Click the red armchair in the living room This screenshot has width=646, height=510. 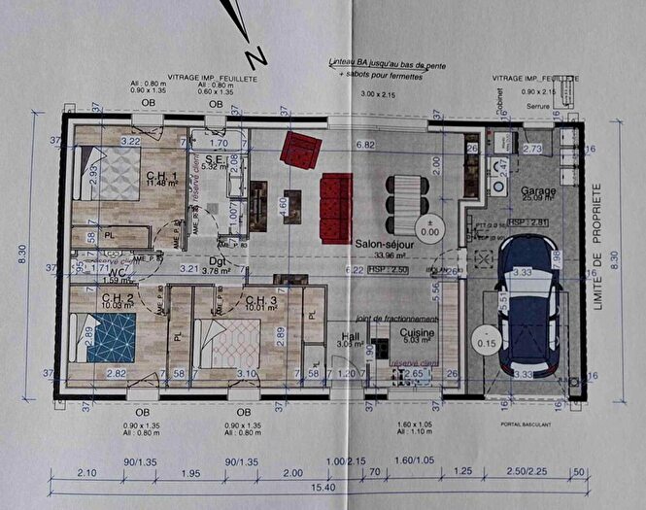(300, 149)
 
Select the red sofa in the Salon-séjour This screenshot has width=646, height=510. (335, 206)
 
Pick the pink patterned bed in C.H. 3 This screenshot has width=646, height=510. (226, 343)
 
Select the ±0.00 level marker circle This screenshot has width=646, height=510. (427, 228)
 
